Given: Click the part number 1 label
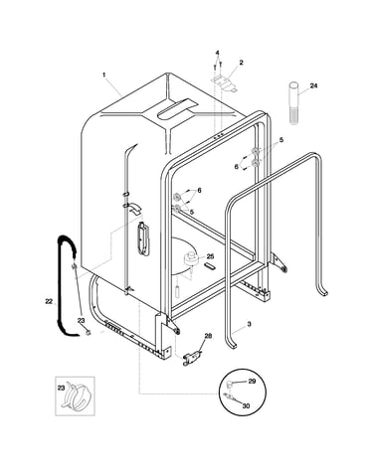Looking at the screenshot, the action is (x=103, y=75).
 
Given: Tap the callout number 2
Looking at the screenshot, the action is (x=241, y=62).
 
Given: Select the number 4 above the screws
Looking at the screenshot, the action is (x=218, y=53).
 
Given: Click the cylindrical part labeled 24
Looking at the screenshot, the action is (x=293, y=103).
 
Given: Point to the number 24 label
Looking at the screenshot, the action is (x=313, y=85).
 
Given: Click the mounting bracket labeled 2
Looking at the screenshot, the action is (x=224, y=83).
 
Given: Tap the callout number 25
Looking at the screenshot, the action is (x=210, y=256).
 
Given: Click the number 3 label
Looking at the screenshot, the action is (x=249, y=324).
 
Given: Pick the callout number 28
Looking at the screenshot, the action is (x=208, y=336).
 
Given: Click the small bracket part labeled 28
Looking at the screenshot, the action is (x=191, y=358).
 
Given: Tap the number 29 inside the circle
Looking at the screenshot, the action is (x=252, y=382).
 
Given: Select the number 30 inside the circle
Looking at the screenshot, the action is (x=246, y=405).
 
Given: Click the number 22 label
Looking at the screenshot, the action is (x=49, y=301).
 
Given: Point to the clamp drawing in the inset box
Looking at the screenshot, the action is (x=76, y=395).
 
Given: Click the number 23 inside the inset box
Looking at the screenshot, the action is (x=61, y=389).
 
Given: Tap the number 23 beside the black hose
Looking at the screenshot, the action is (x=82, y=320).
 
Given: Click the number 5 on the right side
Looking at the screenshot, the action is (x=281, y=140).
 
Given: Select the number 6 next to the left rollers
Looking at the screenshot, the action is (x=199, y=190).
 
